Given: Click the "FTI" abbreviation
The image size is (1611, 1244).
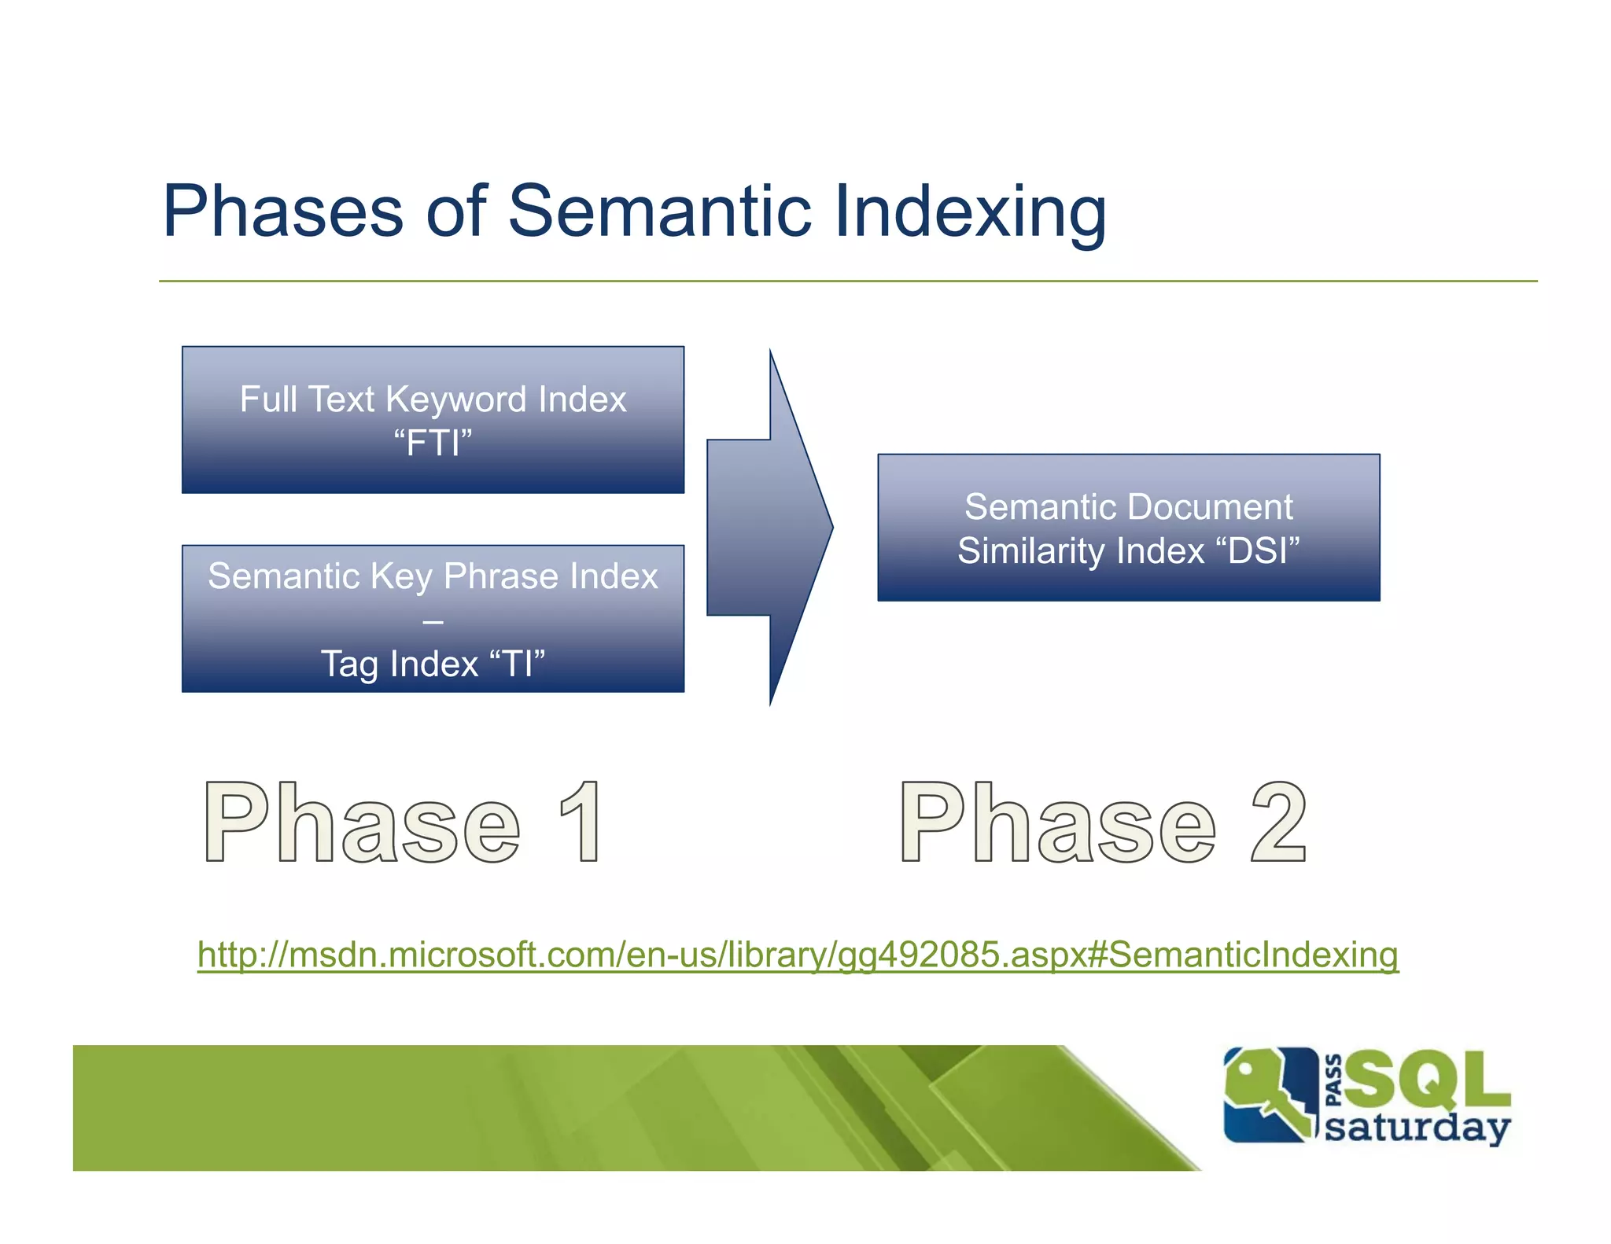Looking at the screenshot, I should (433, 443).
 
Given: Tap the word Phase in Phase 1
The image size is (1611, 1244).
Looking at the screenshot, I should (362, 823).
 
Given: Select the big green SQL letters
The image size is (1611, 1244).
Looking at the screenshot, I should (1428, 1079).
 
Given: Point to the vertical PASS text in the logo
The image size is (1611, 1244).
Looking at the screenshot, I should (1333, 1080).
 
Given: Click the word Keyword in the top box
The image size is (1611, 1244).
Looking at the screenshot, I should (455, 399).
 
